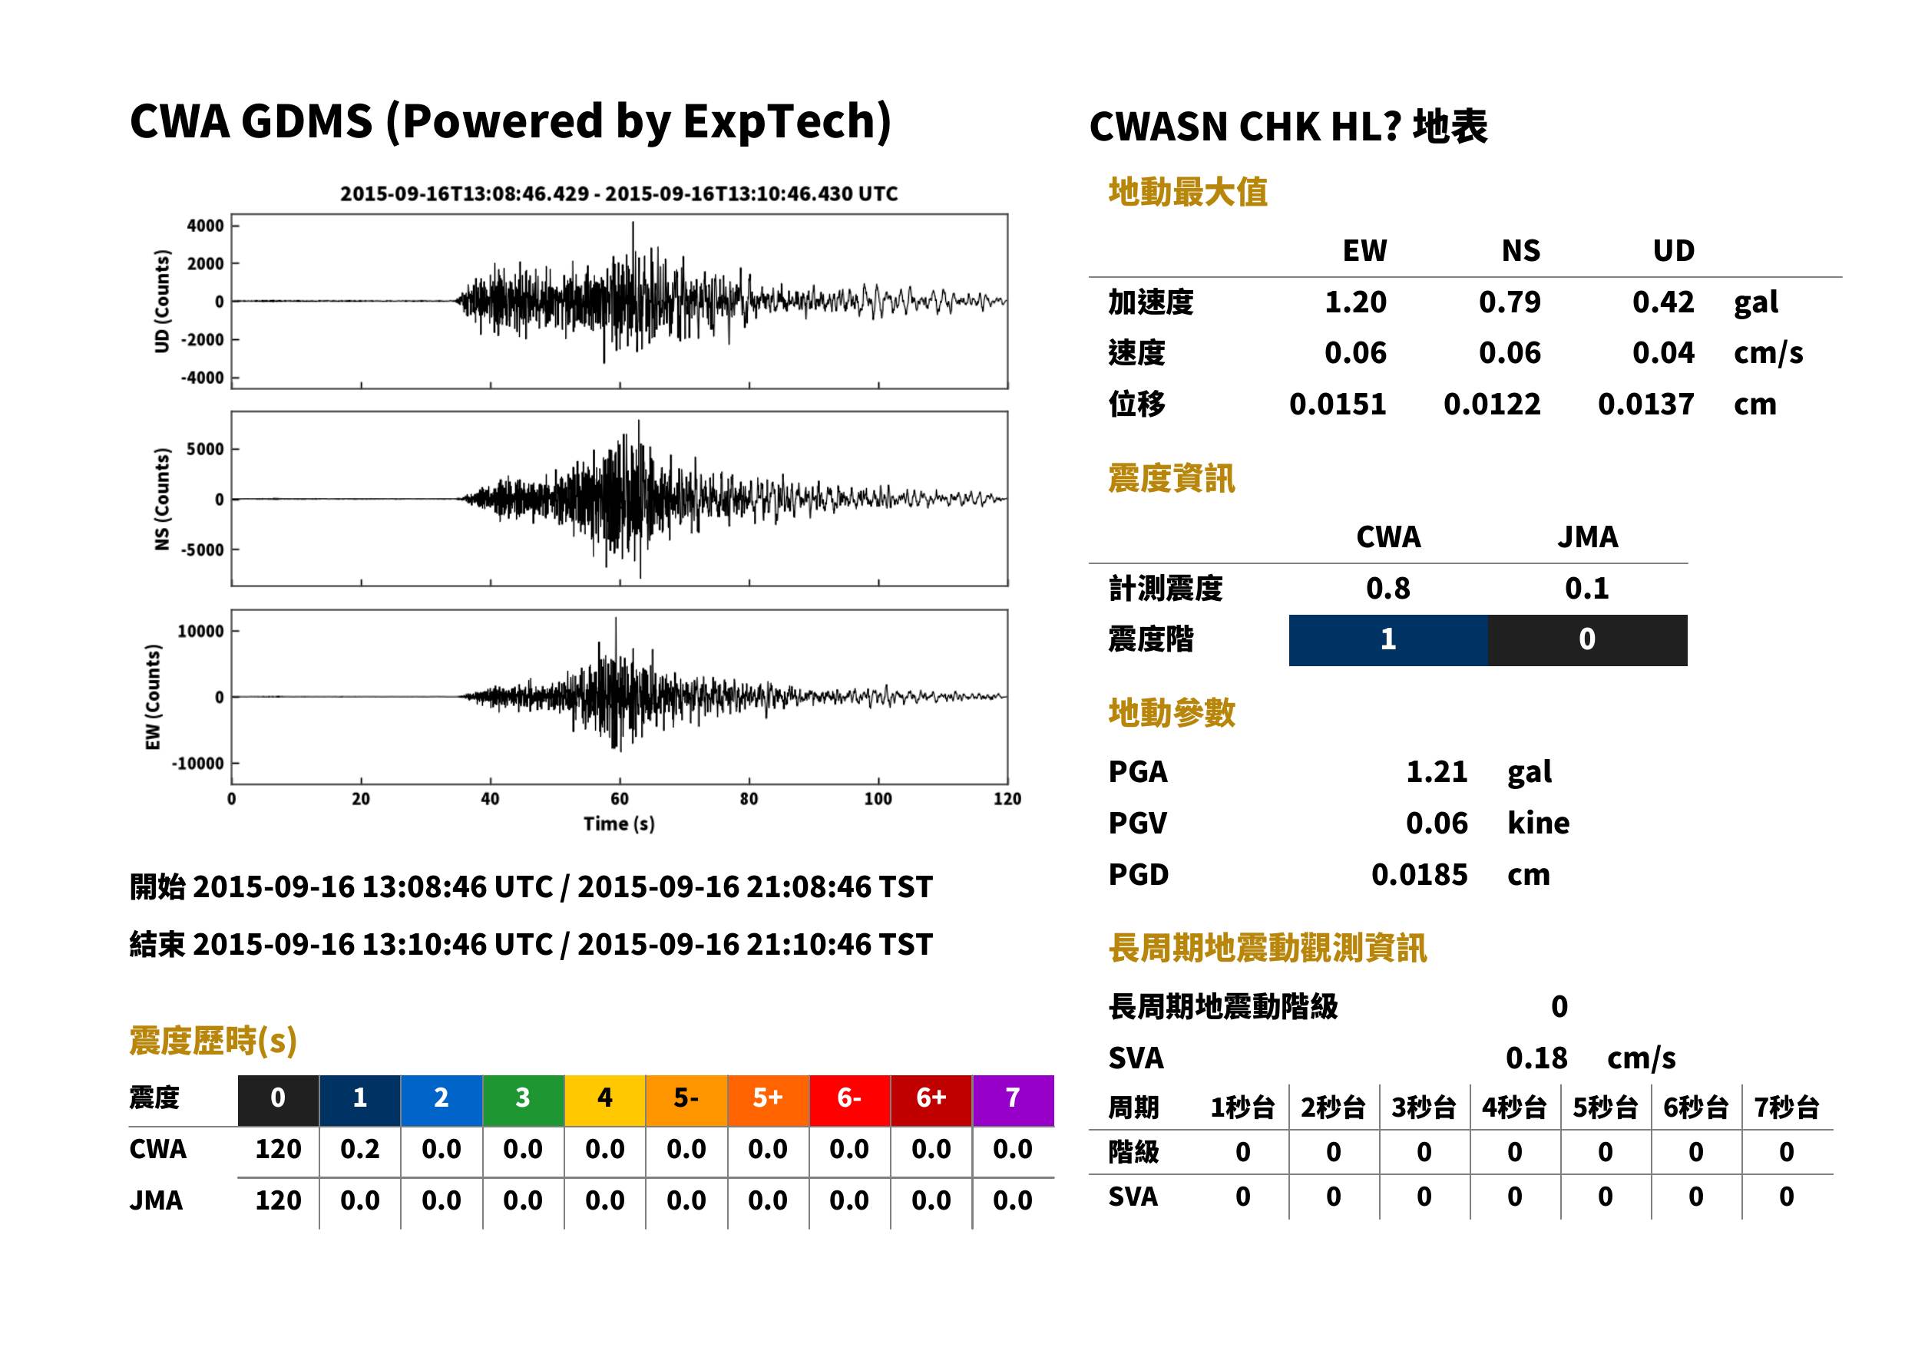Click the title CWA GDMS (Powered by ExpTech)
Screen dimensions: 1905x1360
[x=510, y=122]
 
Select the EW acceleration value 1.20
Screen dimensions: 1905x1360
[x=1354, y=302]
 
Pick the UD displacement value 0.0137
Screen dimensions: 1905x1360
[x=1645, y=404]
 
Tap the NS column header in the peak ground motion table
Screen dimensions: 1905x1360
[x=1520, y=251]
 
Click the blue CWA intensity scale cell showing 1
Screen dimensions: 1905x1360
[x=1388, y=640]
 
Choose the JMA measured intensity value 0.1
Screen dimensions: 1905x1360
[x=1586, y=589]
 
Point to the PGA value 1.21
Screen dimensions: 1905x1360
[x=1437, y=772]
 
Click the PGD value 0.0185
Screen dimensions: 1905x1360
[x=1419, y=875]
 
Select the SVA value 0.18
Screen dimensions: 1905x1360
[x=1536, y=1058]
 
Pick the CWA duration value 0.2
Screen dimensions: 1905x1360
[x=359, y=1150]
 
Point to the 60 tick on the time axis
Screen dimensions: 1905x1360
[x=619, y=799]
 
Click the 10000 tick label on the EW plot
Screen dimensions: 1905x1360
[x=200, y=632]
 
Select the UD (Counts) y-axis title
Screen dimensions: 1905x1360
[x=162, y=302]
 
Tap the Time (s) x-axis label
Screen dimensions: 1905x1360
[x=619, y=824]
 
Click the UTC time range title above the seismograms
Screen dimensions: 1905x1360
[x=618, y=194]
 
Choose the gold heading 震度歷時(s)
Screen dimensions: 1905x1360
[x=213, y=1041]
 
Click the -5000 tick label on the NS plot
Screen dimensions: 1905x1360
[x=203, y=550]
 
